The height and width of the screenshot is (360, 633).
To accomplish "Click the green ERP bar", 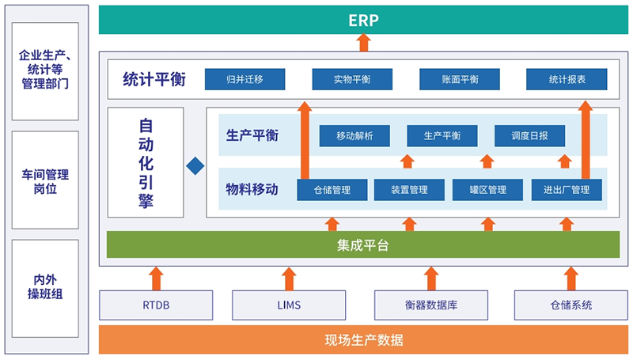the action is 363,20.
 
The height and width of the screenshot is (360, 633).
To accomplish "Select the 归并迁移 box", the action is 245,79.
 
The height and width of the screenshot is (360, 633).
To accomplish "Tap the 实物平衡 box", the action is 352,79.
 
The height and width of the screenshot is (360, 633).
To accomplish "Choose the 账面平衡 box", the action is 460,79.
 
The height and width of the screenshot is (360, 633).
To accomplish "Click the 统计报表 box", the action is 567,79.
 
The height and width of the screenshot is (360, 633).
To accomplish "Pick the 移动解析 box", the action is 354,135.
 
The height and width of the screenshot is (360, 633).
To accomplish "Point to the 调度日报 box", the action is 529,135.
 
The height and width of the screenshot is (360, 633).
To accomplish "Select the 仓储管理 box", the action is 332,190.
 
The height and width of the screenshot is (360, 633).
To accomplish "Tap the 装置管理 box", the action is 409,190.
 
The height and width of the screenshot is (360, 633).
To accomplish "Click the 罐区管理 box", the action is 487,190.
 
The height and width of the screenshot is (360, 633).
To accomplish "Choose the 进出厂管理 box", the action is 567,190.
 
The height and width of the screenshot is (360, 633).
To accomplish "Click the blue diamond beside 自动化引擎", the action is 195,166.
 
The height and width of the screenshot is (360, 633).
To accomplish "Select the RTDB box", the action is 156,305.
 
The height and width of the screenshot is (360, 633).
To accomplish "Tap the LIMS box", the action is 289,305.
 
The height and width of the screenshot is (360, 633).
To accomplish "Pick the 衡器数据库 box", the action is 431,305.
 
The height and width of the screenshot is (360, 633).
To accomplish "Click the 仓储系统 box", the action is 570,305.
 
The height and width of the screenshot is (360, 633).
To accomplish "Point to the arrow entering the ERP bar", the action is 364,43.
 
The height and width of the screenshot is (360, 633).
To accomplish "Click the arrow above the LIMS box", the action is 289,279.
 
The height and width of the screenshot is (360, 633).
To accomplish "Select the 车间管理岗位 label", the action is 45,182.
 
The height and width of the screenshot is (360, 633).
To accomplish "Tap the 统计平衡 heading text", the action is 154,79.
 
